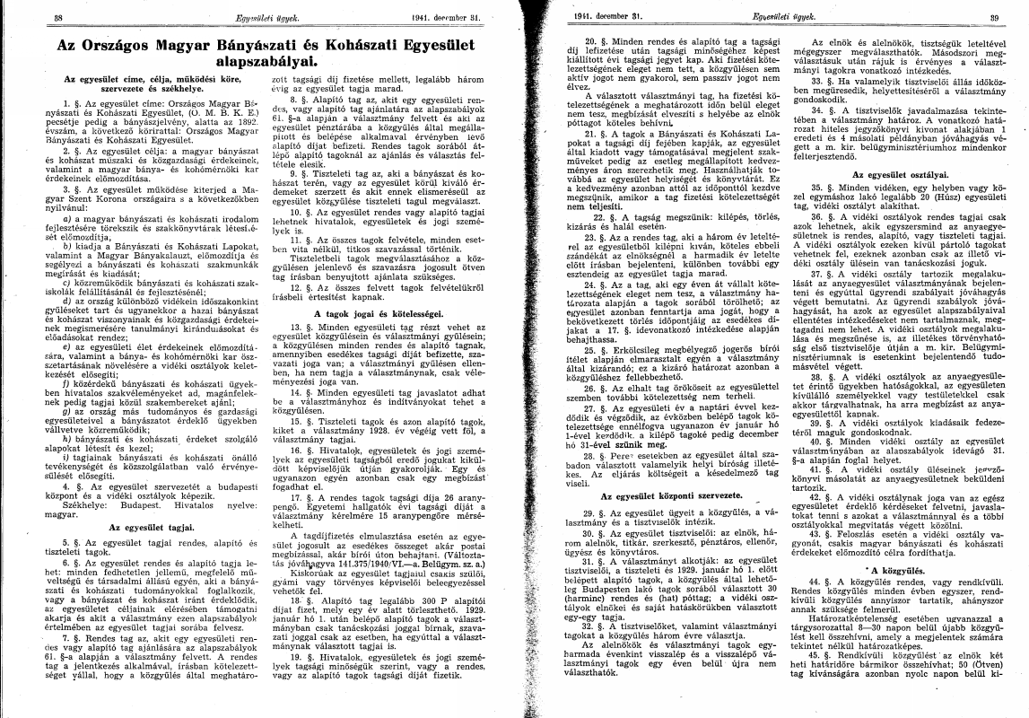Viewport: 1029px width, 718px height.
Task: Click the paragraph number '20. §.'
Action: tap(595, 42)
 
